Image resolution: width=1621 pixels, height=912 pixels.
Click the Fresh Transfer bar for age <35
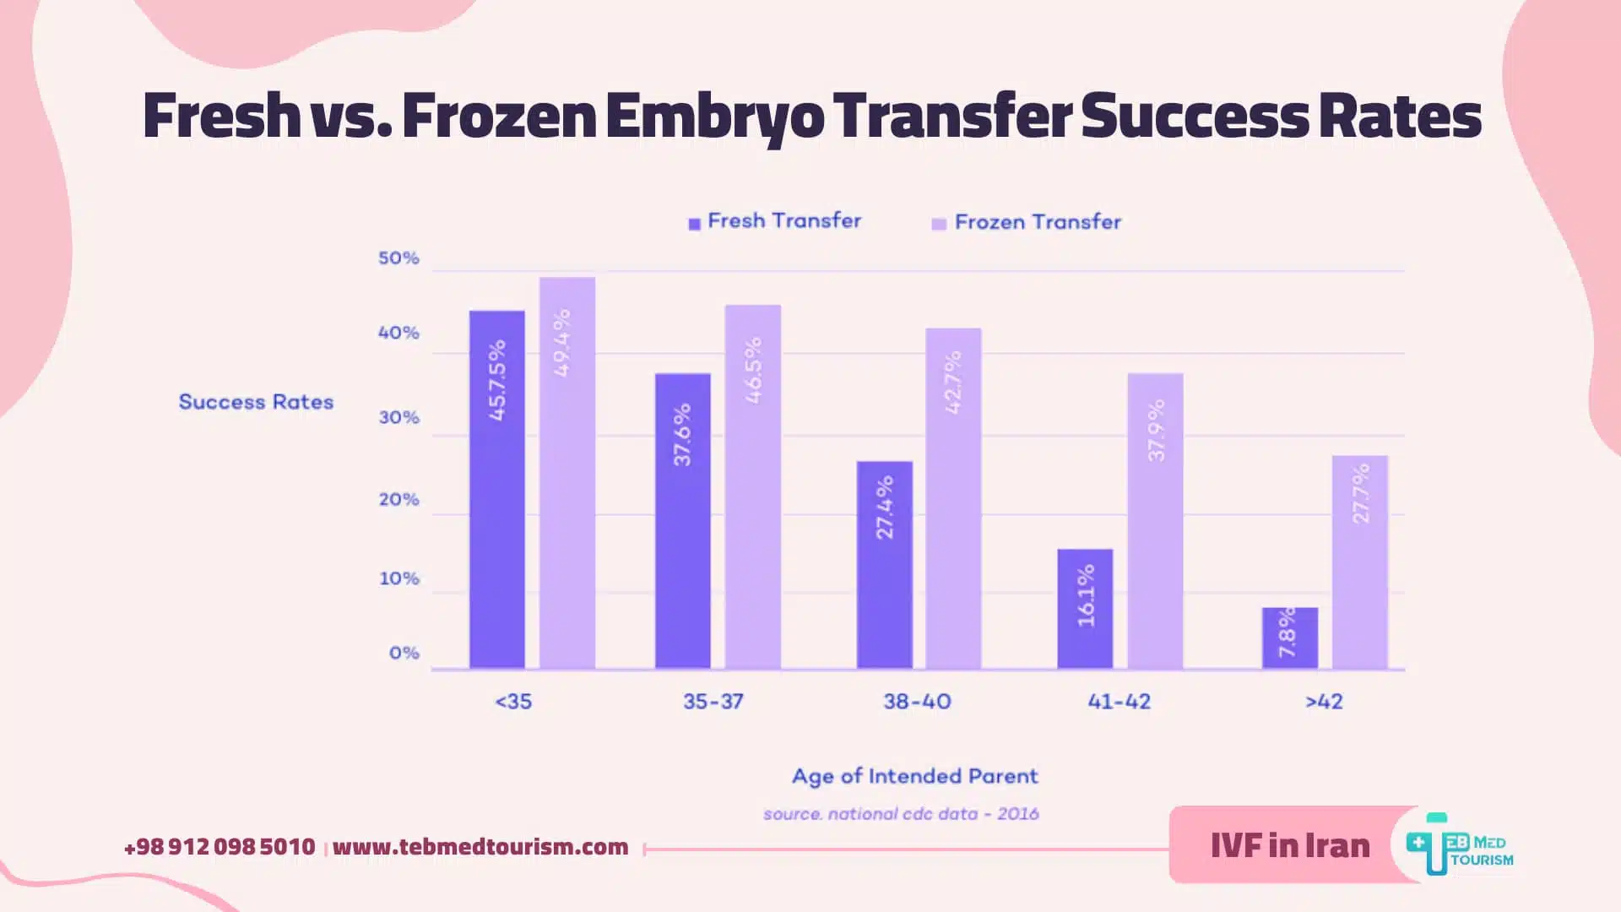(x=496, y=490)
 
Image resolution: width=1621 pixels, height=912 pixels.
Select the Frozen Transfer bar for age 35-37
(x=752, y=487)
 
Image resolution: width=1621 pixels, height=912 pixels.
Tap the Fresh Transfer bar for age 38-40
(x=884, y=565)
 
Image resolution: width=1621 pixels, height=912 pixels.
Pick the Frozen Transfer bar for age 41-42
(x=1155, y=521)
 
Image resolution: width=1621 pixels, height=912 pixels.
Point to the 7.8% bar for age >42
(x=1289, y=638)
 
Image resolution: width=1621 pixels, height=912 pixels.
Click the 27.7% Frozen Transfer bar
(x=1359, y=562)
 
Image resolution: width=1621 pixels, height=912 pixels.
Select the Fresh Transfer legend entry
(x=775, y=221)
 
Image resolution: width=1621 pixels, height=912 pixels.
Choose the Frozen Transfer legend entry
(x=1027, y=222)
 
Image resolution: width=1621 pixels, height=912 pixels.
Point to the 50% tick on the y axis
(x=398, y=258)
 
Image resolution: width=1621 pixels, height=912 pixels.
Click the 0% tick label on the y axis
(x=404, y=653)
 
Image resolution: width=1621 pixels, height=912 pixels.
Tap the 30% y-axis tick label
(x=398, y=418)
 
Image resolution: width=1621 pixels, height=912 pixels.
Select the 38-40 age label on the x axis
(x=917, y=702)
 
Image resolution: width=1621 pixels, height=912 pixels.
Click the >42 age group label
(x=1323, y=702)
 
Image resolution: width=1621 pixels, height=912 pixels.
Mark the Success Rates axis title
(x=256, y=402)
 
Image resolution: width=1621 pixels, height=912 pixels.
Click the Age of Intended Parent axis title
(x=914, y=776)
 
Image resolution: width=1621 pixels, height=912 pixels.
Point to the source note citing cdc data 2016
(x=901, y=814)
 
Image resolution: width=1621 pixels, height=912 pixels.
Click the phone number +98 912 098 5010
(x=220, y=847)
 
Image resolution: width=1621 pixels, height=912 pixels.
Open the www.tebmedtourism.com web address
(x=480, y=847)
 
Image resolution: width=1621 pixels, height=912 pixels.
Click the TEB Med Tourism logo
(x=1459, y=844)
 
